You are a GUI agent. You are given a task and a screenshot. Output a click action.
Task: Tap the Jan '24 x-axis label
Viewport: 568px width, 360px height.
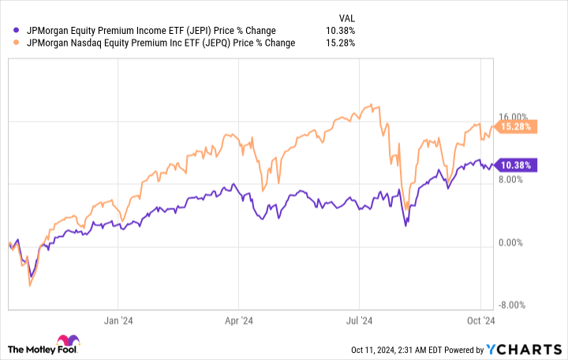point(117,321)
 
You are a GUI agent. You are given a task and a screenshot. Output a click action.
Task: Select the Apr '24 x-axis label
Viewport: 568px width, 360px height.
point(238,321)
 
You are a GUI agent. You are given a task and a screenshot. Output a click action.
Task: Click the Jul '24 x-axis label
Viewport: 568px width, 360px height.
point(360,321)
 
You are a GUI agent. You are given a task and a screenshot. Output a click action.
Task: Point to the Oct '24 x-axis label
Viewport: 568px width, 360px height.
point(480,321)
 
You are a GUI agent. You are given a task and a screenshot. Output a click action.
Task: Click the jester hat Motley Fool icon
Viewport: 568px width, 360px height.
point(65,341)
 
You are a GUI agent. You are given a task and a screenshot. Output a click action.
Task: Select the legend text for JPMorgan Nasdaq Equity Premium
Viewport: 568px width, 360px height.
point(161,43)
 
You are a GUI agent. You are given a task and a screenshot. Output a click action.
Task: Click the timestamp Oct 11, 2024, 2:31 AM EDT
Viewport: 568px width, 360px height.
point(409,350)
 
